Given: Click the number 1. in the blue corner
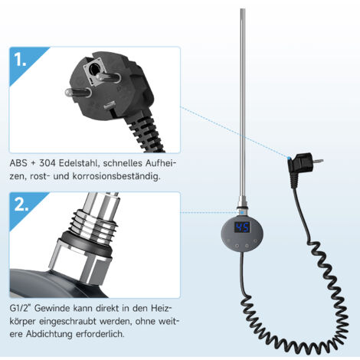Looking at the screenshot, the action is tap(20, 61).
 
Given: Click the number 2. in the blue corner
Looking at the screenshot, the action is tap(21, 205).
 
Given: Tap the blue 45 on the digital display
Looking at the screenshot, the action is tap(242, 227).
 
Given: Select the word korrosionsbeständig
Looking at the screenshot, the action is tap(116, 176).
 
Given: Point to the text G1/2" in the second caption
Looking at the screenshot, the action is tap(20, 309).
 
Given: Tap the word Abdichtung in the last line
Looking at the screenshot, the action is tap(49, 334).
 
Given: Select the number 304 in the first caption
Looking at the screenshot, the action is tap(47, 163).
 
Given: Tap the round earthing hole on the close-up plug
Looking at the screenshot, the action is tap(93, 68).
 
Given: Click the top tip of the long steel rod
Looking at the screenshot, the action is tap(243, 9).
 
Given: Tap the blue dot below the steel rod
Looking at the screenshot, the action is tap(242, 212).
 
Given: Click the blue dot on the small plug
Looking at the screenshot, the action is tap(289, 159).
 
